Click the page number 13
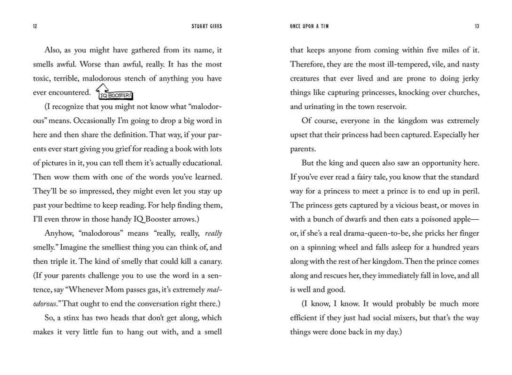476,26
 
